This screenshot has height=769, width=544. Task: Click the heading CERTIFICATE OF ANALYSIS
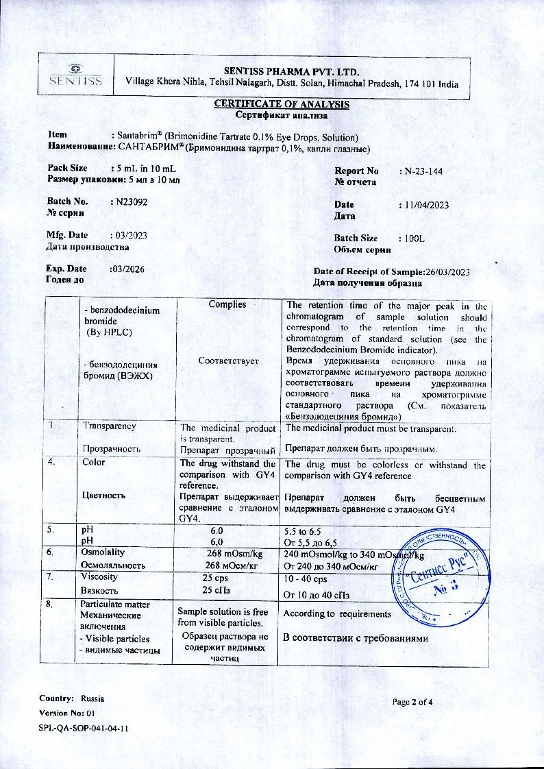[282, 104]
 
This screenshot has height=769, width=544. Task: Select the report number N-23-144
[423, 171]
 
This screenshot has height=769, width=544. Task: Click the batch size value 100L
[415, 238]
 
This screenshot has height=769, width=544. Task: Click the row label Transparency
[110, 426]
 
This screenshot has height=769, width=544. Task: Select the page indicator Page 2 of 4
[412, 702]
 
